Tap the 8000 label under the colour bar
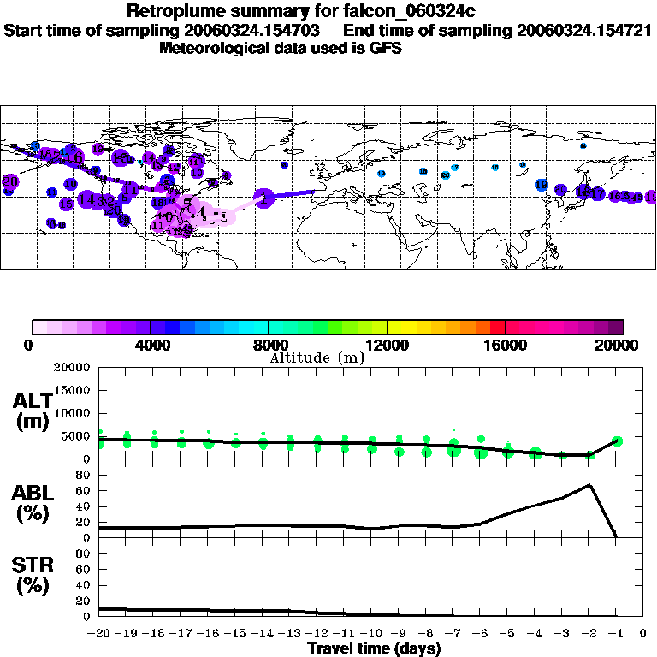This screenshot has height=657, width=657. (x=269, y=345)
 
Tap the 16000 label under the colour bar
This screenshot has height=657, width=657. (x=506, y=345)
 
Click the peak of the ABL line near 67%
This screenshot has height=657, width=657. (x=589, y=485)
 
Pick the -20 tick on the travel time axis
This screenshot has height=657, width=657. (x=100, y=634)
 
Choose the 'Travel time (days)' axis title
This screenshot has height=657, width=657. (x=374, y=648)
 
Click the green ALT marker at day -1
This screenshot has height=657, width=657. (x=617, y=441)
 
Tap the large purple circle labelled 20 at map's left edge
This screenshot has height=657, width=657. (x=10, y=181)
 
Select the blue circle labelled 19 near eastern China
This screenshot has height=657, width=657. (x=542, y=185)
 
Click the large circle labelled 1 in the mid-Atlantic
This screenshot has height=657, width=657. (x=264, y=198)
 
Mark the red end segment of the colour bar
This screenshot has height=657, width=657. (x=497, y=327)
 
